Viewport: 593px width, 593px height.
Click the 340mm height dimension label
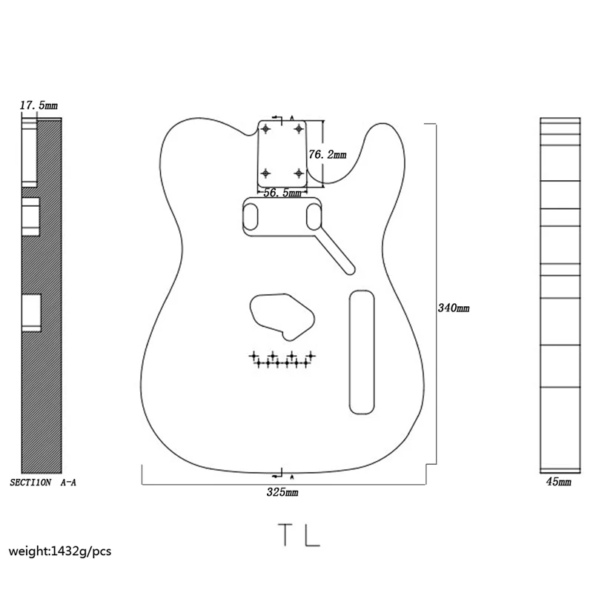[454, 308]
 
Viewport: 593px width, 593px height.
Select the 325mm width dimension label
[282, 491]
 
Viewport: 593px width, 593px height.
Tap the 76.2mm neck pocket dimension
[327, 155]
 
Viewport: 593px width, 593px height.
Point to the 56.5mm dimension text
[282, 193]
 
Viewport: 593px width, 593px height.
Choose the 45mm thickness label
[558, 482]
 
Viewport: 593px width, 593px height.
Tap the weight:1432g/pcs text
[60, 551]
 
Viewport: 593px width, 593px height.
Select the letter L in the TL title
[312, 534]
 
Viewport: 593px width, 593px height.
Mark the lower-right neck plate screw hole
[299, 173]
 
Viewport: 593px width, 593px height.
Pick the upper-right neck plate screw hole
[299, 129]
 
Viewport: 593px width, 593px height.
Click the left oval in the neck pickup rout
[252, 216]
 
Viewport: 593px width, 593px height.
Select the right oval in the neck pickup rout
[314, 216]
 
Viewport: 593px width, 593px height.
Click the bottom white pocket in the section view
[30, 312]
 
